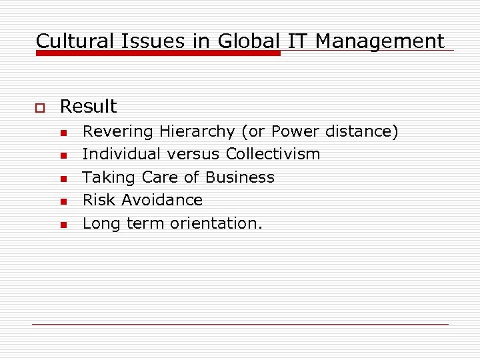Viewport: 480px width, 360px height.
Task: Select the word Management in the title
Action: (x=379, y=41)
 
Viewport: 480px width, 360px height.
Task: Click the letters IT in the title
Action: (x=298, y=41)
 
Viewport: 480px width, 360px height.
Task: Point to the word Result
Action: (x=88, y=107)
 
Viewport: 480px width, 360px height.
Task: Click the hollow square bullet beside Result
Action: (x=39, y=107)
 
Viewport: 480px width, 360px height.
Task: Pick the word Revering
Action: (x=118, y=132)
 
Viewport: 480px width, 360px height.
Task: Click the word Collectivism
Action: (x=273, y=155)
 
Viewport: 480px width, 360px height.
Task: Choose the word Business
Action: (x=240, y=177)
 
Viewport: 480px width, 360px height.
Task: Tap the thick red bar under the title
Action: (x=158, y=53)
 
